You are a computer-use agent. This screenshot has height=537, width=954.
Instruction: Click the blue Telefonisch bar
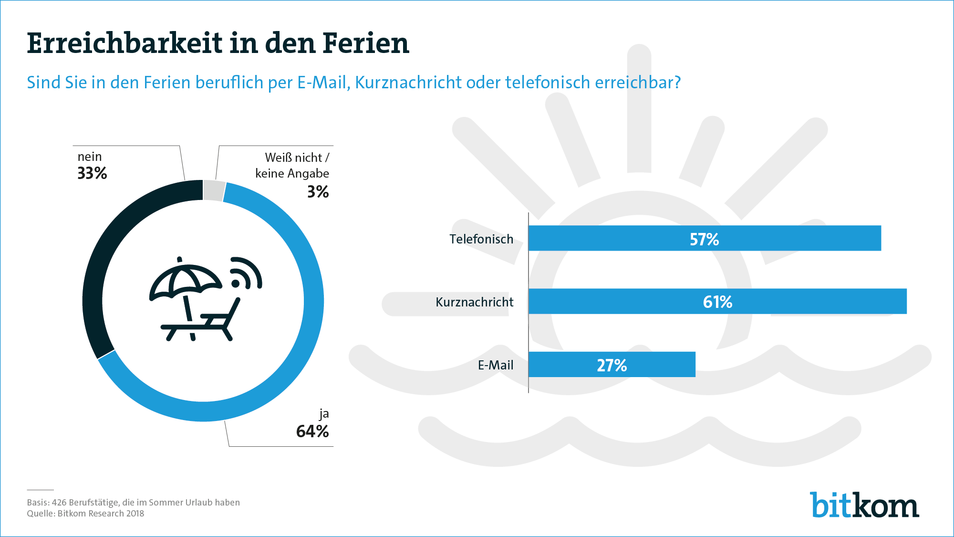pyautogui.click(x=705, y=238)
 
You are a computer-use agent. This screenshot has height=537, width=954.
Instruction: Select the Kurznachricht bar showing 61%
pyautogui.click(x=717, y=301)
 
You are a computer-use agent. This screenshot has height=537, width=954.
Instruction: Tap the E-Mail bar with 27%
pyautogui.click(x=612, y=365)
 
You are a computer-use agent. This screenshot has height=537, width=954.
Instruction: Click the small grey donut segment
pyautogui.click(x=214, y=190)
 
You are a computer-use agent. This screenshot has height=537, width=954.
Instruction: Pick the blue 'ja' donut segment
pyautogui.click(x=305, y=334)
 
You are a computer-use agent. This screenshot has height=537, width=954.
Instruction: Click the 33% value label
pyautogui.click(x=92, y=173)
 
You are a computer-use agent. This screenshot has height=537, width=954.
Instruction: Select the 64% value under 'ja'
pyautogui.click(x=312, y=432)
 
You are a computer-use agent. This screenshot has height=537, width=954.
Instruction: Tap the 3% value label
pyautogui.click(x=318, y=192)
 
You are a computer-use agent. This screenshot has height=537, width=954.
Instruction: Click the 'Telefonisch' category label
pyautogui.click(x=481, y=239)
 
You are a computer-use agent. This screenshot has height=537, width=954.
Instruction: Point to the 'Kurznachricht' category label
pyautogui.click(x=475, y=302)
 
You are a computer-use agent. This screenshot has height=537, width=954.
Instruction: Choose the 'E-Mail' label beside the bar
pyautogui.click(x=496, y=365)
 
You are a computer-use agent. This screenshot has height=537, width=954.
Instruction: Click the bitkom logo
pyautogui.click(x=864, y=505)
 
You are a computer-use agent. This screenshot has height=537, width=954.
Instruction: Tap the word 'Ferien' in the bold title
pyautogui.click(x=366, y=43)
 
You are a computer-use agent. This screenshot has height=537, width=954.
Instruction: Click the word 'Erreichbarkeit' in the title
pyautogui.click(x=124, y=43)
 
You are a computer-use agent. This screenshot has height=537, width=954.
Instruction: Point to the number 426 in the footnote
pyautogui.click(x=59, y=503)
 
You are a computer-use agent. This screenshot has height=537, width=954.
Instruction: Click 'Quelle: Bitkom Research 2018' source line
pyautogui.click(x=85, y=514)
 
